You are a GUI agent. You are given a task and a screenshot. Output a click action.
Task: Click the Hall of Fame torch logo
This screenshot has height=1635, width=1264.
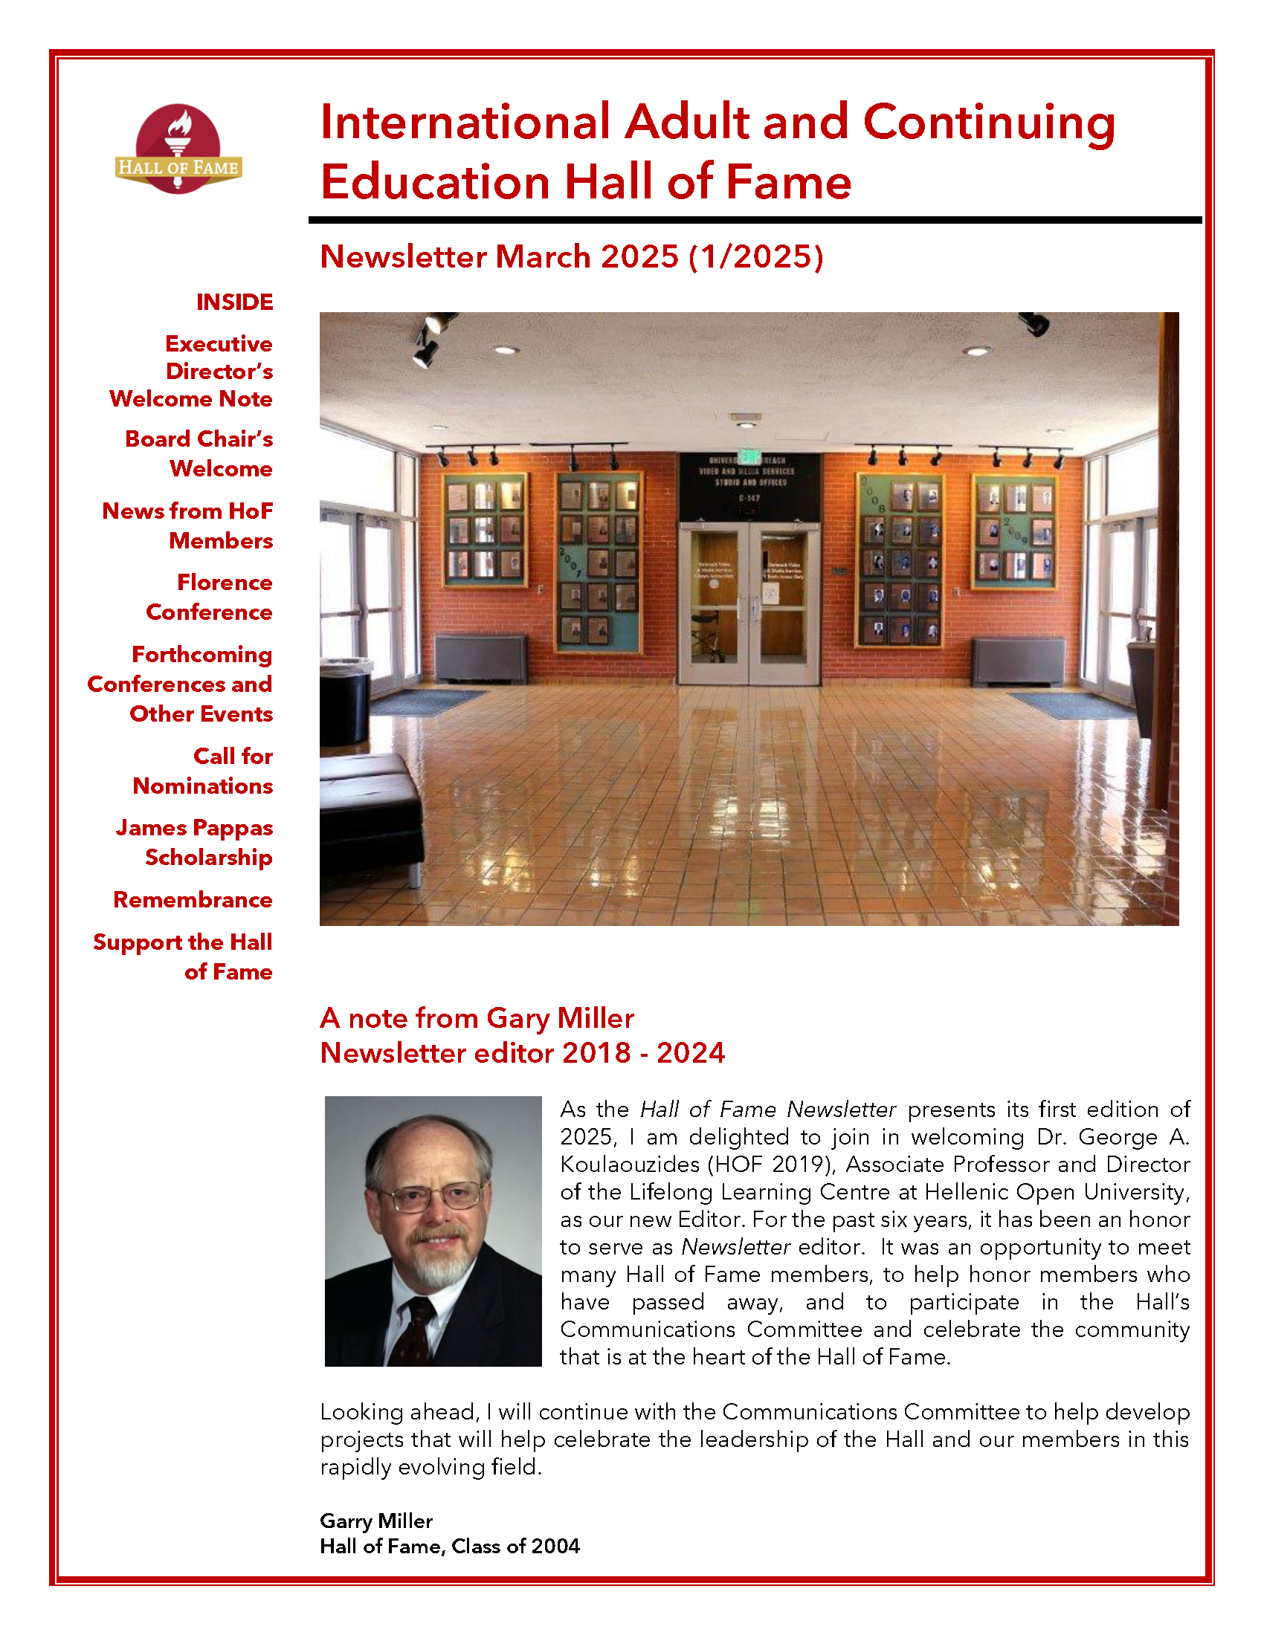point(178,149)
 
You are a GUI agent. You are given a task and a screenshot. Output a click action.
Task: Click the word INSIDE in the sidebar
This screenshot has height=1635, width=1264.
point(234,302)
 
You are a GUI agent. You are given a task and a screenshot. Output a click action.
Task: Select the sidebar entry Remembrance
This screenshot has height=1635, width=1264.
point(193,899)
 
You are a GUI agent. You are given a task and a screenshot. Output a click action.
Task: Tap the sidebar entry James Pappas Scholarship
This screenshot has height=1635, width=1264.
point(194,842)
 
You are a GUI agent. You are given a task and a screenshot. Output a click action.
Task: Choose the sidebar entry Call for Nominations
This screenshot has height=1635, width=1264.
point(203,771)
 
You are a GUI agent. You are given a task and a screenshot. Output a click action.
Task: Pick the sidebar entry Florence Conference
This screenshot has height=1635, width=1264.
point(210,597)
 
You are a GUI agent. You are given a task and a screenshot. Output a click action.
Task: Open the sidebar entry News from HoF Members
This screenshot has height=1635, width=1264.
point(188,525)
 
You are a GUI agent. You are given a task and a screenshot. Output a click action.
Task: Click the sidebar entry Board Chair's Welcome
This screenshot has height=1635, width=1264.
point(199,453)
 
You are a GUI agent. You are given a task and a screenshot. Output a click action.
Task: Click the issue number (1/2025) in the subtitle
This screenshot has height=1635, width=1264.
point(756,257)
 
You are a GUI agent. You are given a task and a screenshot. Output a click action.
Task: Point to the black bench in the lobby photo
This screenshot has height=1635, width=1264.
point(367,809)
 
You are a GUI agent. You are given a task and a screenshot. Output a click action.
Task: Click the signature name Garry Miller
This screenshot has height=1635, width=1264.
point(376,1521)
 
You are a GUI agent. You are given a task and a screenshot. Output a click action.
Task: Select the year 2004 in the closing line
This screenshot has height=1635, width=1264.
point(556,1546)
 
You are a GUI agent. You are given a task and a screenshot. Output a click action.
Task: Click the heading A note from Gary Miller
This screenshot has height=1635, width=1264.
point(477,1018)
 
